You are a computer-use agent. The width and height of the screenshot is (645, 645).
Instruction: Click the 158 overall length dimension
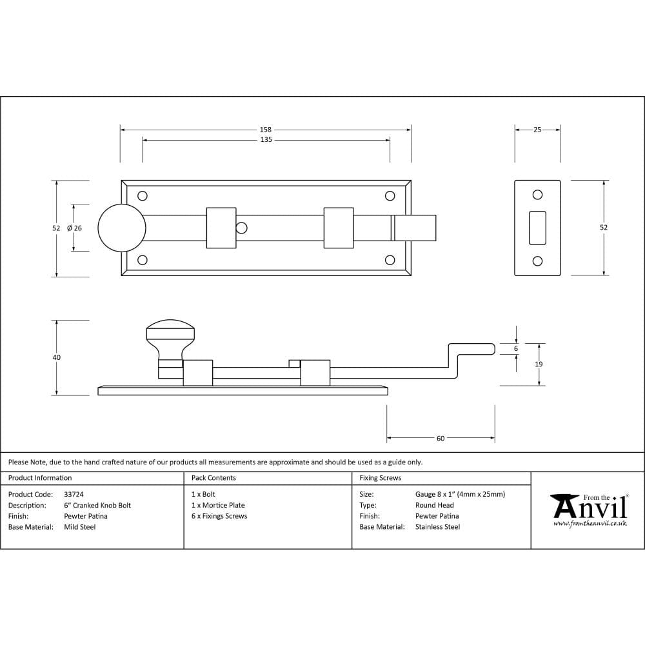pos(266,130)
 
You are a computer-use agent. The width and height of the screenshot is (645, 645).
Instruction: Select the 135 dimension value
pos(266,140)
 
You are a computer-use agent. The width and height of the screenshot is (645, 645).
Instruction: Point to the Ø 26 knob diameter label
pos(74,228)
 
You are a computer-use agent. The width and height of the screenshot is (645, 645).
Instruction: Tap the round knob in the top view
pos(121,228)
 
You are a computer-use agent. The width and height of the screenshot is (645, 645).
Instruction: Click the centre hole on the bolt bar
pos(241,228)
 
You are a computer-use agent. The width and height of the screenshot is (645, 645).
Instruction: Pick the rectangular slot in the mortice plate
pos(537,228)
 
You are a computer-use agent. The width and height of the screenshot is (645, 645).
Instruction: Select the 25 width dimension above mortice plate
pos(537,130)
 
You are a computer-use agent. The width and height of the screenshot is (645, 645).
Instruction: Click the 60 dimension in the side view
pos(441,439)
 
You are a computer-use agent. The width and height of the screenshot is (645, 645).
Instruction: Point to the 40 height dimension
pos(57,357)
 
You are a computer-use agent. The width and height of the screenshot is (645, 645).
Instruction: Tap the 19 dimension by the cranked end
pos(539,364)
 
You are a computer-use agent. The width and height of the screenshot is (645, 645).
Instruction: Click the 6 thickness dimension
pos(516,348)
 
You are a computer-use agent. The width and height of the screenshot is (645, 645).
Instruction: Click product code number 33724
pos(74,494)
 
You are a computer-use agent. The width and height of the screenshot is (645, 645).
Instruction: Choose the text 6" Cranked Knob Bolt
pos(97,505)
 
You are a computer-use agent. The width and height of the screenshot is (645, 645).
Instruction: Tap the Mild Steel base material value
pos(79,527)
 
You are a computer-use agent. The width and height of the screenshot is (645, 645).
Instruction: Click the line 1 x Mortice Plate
pos(218,505)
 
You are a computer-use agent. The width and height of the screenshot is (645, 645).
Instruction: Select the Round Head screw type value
pos(434,505)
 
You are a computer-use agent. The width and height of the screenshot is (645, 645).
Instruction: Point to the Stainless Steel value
pos(437,527)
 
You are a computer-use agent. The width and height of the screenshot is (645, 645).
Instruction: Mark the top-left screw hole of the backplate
pos(143,195)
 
